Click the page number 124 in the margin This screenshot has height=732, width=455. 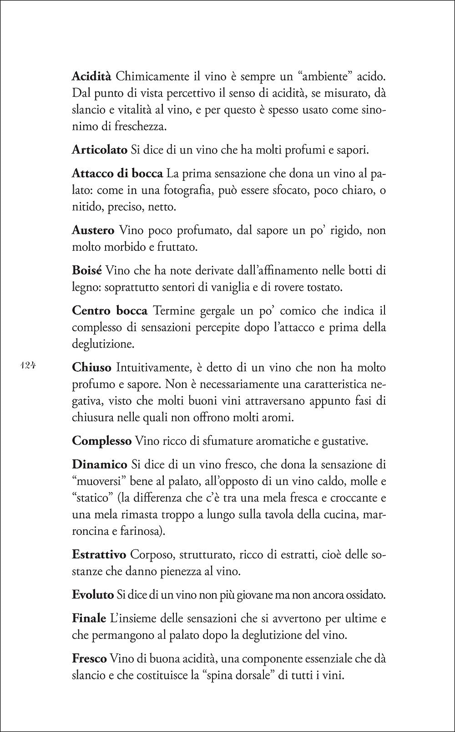[x=28, y=366]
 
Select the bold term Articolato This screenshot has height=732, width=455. [x=99, y=149]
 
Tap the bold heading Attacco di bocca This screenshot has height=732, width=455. [x=117, y=173]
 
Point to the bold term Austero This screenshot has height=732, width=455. [x=93, y=230]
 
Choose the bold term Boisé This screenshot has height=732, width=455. [x=86, y=270]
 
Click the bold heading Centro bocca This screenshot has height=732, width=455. [x=110, y=311]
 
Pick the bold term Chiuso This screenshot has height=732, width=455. [x=91, y=367]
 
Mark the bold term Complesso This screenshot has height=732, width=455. [x=101, y=440]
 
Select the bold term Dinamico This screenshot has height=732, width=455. [x=99, y=464]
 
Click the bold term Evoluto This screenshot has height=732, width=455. [x=92, y=594]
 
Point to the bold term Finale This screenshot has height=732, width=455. [x=89, y=618]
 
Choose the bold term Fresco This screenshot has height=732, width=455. [x=89, y=658]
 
